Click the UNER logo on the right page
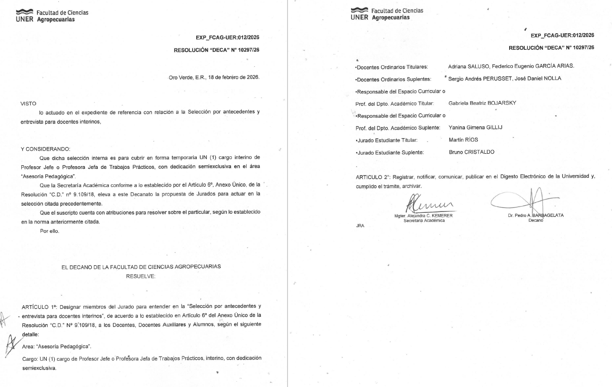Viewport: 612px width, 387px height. tap(359, 14)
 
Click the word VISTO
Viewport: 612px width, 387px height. tap(28, 104)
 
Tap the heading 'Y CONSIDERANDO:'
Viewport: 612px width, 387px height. tap(45, 149)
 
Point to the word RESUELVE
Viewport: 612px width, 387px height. tap(141, 276)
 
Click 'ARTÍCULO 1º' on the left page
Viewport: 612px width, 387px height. tap(39, 307)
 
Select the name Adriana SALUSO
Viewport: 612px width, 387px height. tap(467, 66)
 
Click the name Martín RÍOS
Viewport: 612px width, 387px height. tap(463, 140)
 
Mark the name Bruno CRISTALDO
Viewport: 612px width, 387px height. tap(471, 152)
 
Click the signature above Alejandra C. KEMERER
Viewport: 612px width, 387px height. tap(428, 204)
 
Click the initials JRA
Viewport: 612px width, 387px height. tap(360, 226)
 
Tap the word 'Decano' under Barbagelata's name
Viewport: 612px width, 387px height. tap(535, 220)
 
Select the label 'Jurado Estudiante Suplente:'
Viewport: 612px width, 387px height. tap(390, 152)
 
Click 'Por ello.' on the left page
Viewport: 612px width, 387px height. tap(49, 231)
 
